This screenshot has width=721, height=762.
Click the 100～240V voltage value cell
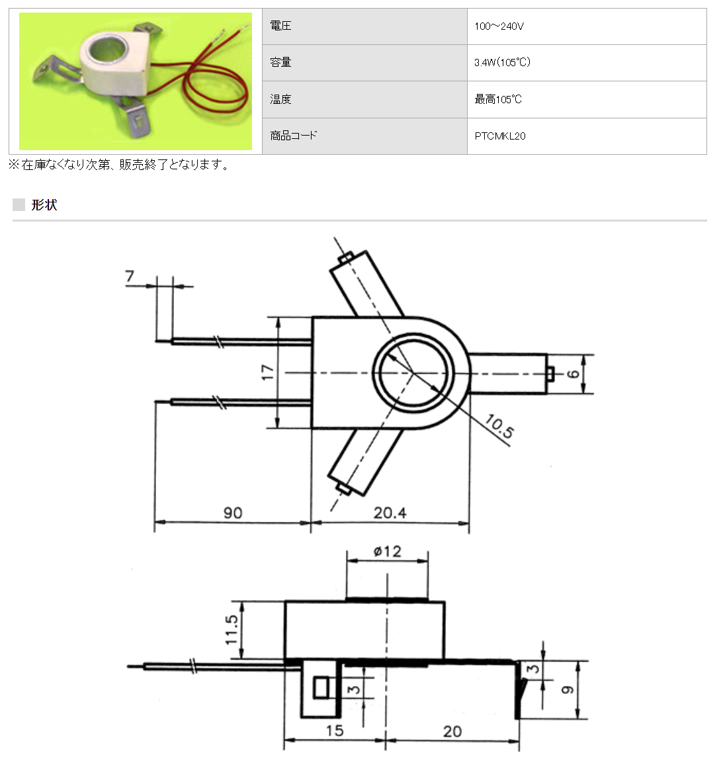499,26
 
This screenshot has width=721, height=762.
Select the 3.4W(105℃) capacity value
502,63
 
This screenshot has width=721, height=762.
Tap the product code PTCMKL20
500,136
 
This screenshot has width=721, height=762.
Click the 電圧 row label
280,26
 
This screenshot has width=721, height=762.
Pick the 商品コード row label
293,136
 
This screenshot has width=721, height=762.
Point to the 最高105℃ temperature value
498,99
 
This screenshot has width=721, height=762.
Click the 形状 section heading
44,205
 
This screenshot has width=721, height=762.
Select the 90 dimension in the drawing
233,513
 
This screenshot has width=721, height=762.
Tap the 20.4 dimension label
390,513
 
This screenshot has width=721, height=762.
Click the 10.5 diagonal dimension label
499,427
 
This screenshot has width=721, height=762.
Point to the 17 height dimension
267,372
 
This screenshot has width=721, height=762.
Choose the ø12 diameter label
387,552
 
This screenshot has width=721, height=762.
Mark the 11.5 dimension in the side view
232,630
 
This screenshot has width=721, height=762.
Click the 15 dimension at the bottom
335,731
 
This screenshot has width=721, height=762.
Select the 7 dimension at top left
130,276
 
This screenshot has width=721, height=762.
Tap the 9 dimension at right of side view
568,689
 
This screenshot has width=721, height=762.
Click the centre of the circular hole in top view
414,372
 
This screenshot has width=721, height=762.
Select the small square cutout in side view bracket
321,688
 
